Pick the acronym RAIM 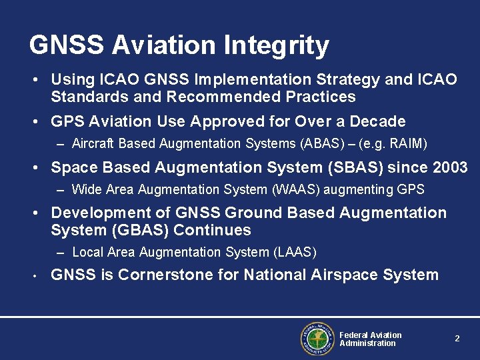tap(407, 143)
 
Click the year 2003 tap(447, 167)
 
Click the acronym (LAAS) tap(295, 252)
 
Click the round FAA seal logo tap(317, 339)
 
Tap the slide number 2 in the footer tap(457, 339)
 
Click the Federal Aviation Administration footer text tap(370, 339)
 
